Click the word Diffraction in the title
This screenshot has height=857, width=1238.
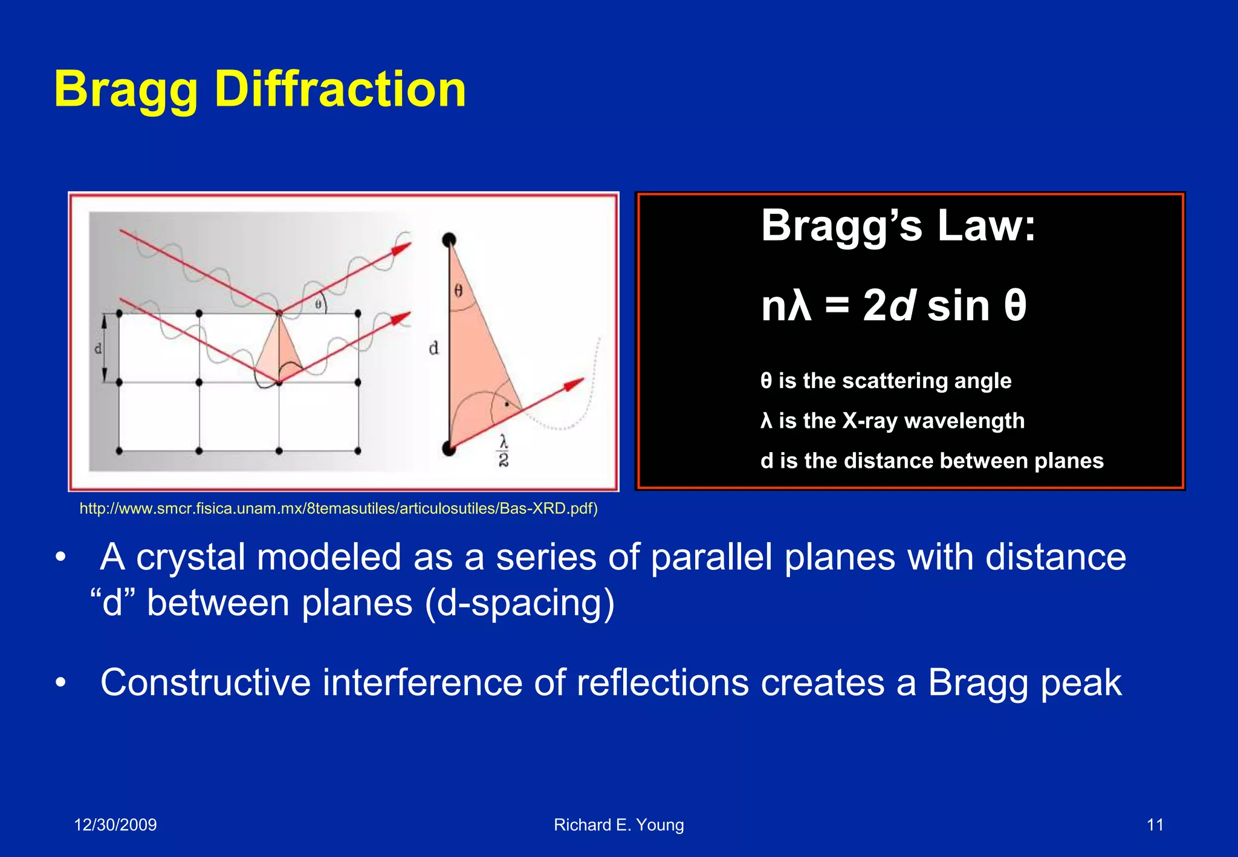(x=340, y=89)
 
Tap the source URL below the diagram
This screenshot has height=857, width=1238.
(x=339, y=508)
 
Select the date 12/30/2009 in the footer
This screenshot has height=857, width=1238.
(x=115, y=824)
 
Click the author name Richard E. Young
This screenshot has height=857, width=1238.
(x=618, y=824)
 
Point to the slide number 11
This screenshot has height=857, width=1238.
(x=1155, y=824)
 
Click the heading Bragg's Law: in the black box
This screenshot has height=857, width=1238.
(x=898, y=225)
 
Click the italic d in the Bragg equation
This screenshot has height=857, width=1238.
(x=901, y=305)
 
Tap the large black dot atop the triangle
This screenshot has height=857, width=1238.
(x=449, y=239)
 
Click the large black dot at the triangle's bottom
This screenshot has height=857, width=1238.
(x=449, y=448)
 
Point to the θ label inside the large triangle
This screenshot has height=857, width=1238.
(x=459, y=291)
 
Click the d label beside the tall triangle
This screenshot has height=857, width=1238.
(x=433, y=348)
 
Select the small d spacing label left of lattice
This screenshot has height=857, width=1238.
(x=98, y=349)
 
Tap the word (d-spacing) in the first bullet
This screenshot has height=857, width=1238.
(x=519, y=603)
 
